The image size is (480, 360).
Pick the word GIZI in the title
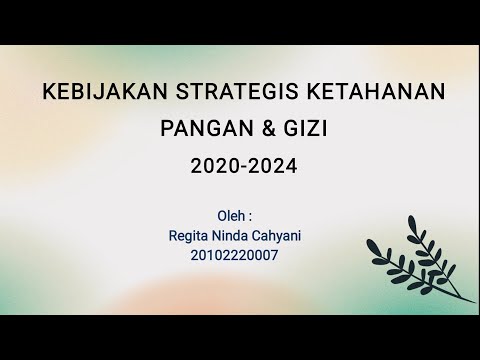[293, 130]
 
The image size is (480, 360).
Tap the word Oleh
[231, 216]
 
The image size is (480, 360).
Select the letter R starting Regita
[176, 235]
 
